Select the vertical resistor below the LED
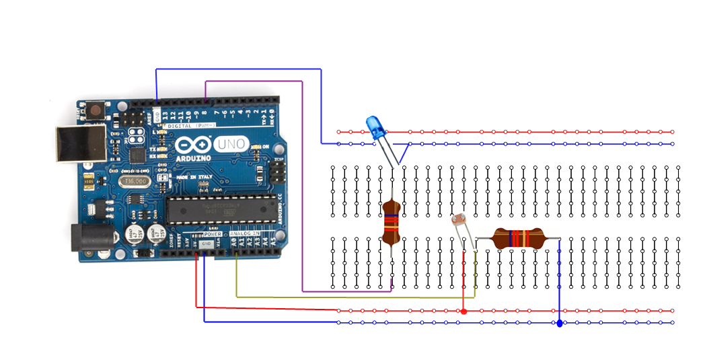pos(392,224)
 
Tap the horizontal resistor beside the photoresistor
pos(518,238)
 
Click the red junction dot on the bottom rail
pos(463,311)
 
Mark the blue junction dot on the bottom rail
pos(560,323)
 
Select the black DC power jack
pos(87,237)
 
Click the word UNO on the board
pos(229,144)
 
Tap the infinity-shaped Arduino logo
pos(192,145)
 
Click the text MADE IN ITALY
pos(193,176)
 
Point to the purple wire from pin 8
pos(303,188)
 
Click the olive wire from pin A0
pos(350,297)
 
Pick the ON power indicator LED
pos(256,147)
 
